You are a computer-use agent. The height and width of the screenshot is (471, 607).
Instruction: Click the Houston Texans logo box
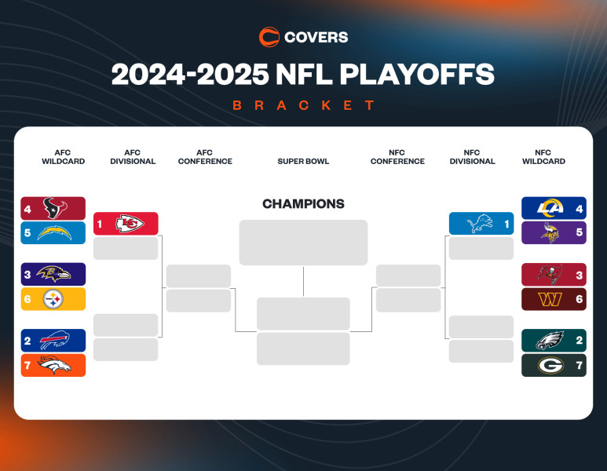pyautogui.click(x=53, y=208)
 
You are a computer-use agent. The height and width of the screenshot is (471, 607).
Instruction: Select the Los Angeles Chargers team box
pyautogui.click(x=53, y=233)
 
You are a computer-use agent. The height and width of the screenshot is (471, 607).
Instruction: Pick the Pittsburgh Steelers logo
pyautogui.click(x=53, y=299)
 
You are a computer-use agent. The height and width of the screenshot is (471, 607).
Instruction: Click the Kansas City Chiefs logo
pyautogui.click(x=130, y=224)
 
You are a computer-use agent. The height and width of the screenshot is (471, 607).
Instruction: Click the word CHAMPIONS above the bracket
pyautogui.click(x=303, y=204)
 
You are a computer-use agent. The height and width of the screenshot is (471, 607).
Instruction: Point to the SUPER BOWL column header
pyautogui.click(x=303, y=162)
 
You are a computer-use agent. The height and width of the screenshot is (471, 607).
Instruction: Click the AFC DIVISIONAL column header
pyautogui.click(x=132, y=157)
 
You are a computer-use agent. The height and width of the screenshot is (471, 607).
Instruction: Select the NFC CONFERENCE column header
pyautogui.click(x=397, y=157)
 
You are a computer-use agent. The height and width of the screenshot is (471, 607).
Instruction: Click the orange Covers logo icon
pyautogui.click(x=269, y=37)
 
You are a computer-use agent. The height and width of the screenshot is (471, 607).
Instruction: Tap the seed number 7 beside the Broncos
pyautogui.click(x=27, y=365)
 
